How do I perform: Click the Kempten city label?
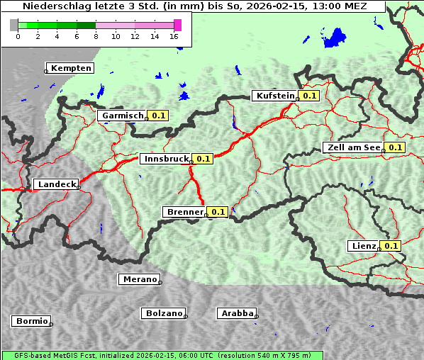point(69,68)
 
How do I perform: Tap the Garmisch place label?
point(122,116)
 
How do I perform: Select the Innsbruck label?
point(165,159)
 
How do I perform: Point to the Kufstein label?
point(274,96)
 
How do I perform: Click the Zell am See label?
point(352,147)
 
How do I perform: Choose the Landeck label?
point(56,184)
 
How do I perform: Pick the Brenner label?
point(184,212)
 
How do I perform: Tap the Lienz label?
point(364,246)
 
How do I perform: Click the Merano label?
point(139,279)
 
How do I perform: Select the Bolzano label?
point(164,313)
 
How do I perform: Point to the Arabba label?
point(236,313)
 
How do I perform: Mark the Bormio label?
point(31,321)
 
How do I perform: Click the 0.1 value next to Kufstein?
point(309,96)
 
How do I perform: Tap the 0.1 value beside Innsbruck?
point(203,159)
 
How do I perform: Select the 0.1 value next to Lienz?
point(391,246)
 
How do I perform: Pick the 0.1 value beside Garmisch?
point(158,116)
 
